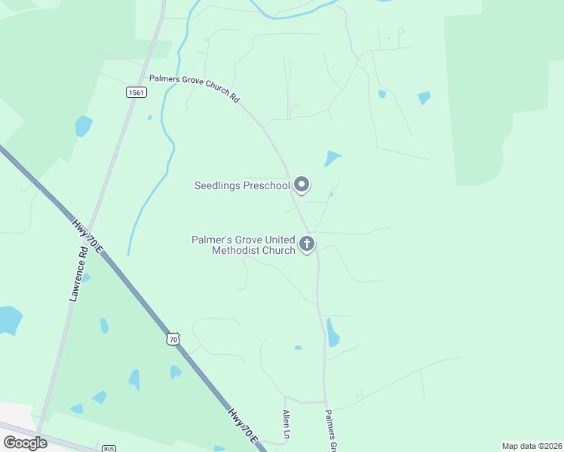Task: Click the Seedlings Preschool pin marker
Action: [x=302, y=185]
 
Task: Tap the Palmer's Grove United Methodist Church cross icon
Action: [x=306, y=244]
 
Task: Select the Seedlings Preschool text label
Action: [x=241, y=185]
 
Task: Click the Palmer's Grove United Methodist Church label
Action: [x=243, y=245]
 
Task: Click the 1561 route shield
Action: [x=136, y=92]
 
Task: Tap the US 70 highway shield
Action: [x=173, y=340]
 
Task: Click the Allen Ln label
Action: [x=287, y=426]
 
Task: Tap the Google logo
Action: [x=25, y=443]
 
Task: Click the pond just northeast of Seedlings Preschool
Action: [x=332, y=158]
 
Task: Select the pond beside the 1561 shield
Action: [x=82, y=124]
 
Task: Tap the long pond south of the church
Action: [x=333, y=333]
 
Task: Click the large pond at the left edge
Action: [x=9, y=319]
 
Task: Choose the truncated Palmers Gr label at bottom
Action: [x=330, y=429]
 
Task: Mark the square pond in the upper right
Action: [x=424, y=98]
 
